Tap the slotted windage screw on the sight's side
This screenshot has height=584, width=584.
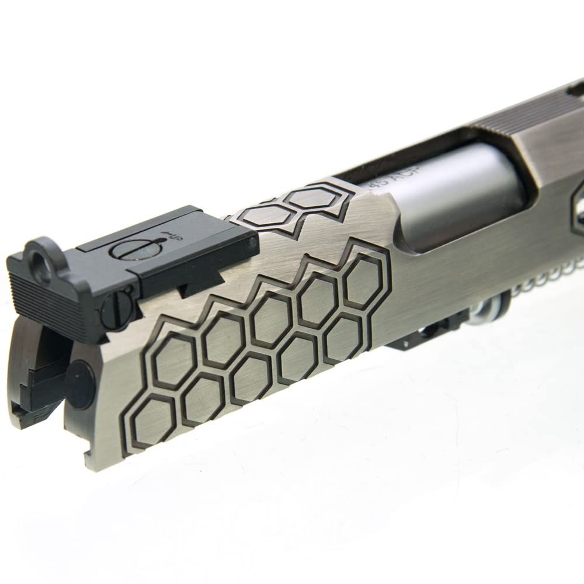tap(115, 306)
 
